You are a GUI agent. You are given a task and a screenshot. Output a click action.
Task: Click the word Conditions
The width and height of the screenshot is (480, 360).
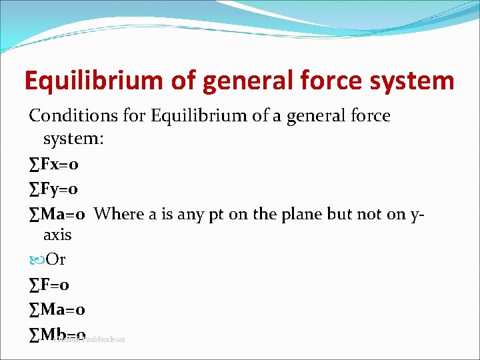point(74,115)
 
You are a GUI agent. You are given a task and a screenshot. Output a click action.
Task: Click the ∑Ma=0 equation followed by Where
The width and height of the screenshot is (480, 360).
point(57,214)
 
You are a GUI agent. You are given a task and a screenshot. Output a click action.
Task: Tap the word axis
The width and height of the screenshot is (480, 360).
point(57,235)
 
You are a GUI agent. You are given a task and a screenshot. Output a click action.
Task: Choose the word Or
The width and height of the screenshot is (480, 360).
point(56,259)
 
